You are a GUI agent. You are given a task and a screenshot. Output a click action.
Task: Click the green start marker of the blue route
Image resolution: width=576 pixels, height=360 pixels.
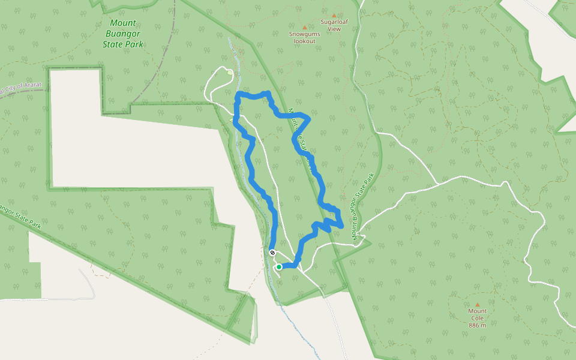coord(279,267)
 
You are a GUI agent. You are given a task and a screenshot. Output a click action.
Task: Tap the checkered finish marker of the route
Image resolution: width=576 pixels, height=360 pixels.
coord(272,253)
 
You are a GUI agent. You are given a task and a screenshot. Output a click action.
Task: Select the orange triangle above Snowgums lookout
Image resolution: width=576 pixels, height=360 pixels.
coord(304,28)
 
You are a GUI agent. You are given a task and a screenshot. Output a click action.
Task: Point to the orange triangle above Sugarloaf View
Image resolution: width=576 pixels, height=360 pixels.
coord(334,16)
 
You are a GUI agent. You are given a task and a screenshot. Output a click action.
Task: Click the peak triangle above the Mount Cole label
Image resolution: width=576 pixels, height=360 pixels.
coord(478,304)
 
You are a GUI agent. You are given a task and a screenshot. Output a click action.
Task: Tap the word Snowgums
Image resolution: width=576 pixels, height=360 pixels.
coord(304,34)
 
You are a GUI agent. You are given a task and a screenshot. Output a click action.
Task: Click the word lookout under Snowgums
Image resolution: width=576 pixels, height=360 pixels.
coord(304,41)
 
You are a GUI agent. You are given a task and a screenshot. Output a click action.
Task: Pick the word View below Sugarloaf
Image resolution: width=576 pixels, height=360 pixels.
coord(334,29)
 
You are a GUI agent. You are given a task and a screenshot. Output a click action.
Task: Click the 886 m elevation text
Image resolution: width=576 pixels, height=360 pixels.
coord(478,325)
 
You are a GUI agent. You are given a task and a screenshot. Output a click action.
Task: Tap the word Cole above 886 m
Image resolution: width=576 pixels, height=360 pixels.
coord(478,318)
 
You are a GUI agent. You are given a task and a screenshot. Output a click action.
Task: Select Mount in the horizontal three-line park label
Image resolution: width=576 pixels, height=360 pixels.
coord(123,23)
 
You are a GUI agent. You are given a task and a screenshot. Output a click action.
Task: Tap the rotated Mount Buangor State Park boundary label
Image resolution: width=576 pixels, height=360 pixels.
coord(364,208)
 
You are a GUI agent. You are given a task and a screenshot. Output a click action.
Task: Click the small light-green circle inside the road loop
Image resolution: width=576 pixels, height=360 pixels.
coord(230,73)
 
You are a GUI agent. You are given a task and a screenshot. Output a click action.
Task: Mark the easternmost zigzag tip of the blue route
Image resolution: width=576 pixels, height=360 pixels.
coord(342,226)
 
